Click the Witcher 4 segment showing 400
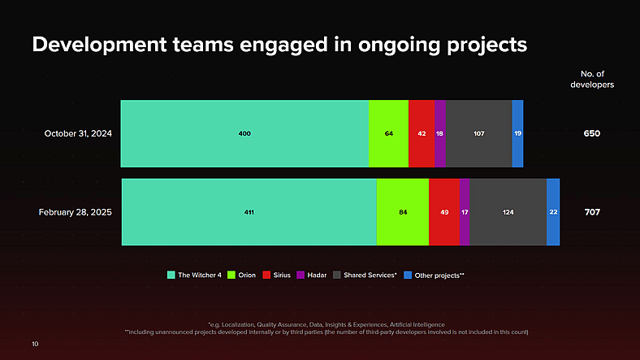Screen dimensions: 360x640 [244, 133]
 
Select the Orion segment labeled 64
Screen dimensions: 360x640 [388, 133]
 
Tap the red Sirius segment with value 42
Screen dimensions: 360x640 [422, 133]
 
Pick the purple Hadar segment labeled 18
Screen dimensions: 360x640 [440, 133]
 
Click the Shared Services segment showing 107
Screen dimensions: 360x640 [479, 133]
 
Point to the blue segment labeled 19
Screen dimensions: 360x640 [517, 133]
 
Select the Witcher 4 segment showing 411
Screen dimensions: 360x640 [249, 212]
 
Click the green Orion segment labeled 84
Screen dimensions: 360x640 [403, 212]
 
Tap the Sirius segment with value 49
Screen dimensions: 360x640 [443, 212]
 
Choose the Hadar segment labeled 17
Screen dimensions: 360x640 [465, 212]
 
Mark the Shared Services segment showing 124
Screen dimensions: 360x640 [508, 212]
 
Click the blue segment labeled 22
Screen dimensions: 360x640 [553, 212]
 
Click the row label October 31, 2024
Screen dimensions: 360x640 [78, 133]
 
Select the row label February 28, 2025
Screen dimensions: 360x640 [76, 212]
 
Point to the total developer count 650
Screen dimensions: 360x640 [591, 133]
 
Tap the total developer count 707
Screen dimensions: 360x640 [592, 212]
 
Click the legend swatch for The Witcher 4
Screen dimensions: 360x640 [171, 275]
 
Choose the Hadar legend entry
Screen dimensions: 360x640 [312, 275]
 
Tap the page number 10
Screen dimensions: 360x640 [35, 344]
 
